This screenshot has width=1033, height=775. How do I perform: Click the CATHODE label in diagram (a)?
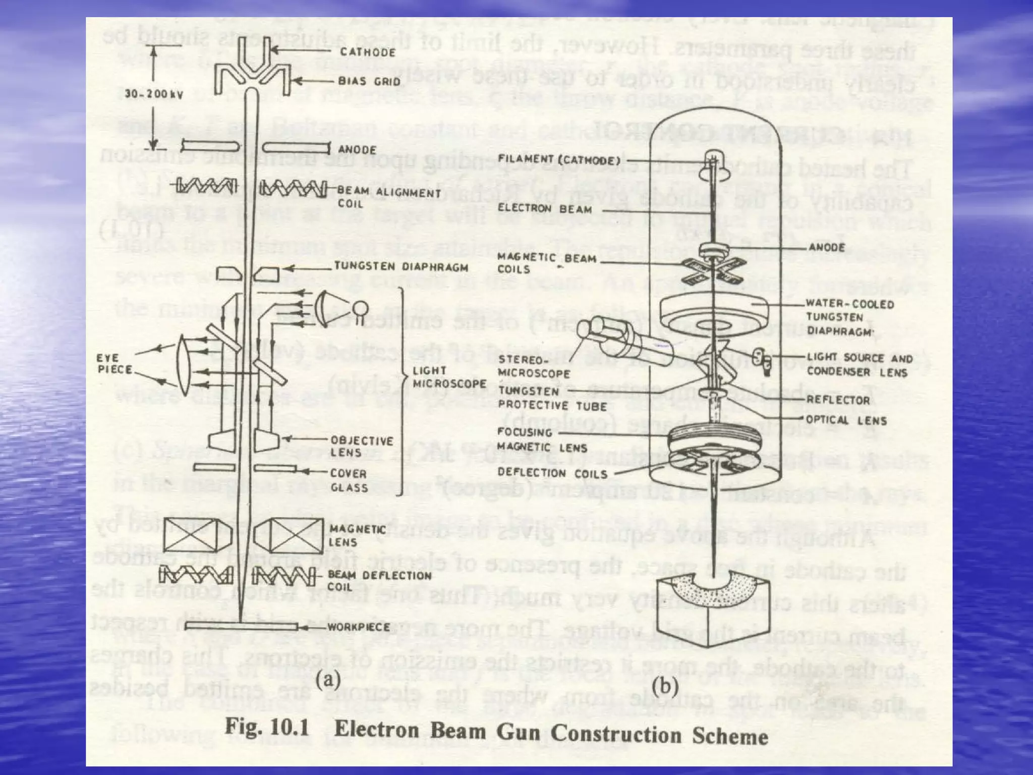367,52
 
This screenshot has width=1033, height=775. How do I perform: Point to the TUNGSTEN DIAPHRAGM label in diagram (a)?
401,267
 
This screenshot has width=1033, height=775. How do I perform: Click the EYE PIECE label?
108,363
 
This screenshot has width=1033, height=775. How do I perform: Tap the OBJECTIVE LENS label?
361,446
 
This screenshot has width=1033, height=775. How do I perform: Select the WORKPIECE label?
359,627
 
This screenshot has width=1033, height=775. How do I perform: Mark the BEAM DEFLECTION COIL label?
379,581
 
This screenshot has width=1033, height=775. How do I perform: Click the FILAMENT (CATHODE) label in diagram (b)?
559,160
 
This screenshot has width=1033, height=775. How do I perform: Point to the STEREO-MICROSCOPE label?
534,367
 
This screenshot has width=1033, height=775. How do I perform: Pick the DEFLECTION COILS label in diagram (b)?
552,473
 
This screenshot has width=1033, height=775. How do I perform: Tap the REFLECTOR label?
838,400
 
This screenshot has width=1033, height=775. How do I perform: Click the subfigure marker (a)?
328,680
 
